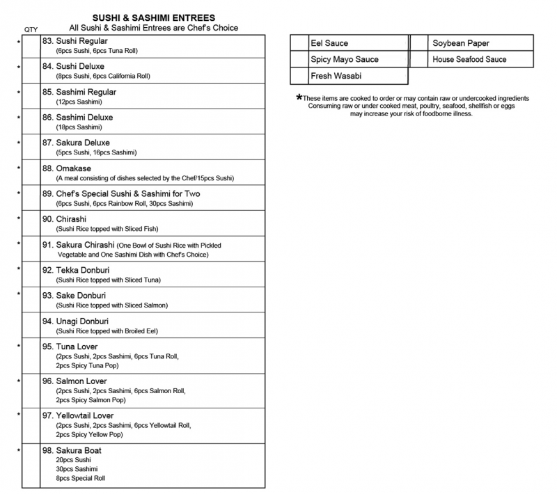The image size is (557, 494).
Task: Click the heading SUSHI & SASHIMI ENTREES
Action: (153, 17)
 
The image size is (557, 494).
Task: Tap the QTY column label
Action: (31, 29)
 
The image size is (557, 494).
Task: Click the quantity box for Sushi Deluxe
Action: (31, 70)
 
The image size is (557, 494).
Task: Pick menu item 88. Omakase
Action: (67, 168)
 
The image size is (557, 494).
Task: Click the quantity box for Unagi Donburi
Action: (31, 326)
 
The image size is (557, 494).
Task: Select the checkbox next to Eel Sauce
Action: (299, 43)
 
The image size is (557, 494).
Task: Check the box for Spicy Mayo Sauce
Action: (299, 60)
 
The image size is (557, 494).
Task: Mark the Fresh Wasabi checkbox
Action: (299, 76)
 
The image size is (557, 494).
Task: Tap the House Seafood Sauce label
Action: (469, 60)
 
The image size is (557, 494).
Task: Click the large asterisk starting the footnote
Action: (299, 98)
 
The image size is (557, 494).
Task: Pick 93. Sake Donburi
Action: (77, 296)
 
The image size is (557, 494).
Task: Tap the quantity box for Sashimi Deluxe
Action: (31, 121)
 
